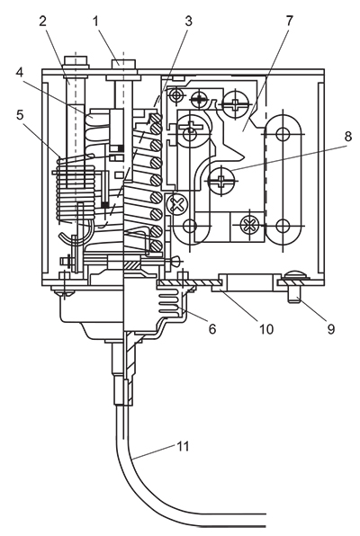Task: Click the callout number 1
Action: coord(95,22)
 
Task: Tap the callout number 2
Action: coord(43,22)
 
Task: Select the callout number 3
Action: coord(188,22)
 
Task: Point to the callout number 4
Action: coord(20,73)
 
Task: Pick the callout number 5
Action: coord(20,115)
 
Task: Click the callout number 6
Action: coord(212,329)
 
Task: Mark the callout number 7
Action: coord(290,22)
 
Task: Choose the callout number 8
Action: coord(347,137)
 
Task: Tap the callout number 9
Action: coord(330,329)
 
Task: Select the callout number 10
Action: coord(265,329)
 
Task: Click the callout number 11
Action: coord(183,446)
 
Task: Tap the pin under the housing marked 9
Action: coord(294,294)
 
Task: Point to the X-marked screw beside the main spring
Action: coord(177,205)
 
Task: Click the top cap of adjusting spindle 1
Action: coord(123,64)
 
